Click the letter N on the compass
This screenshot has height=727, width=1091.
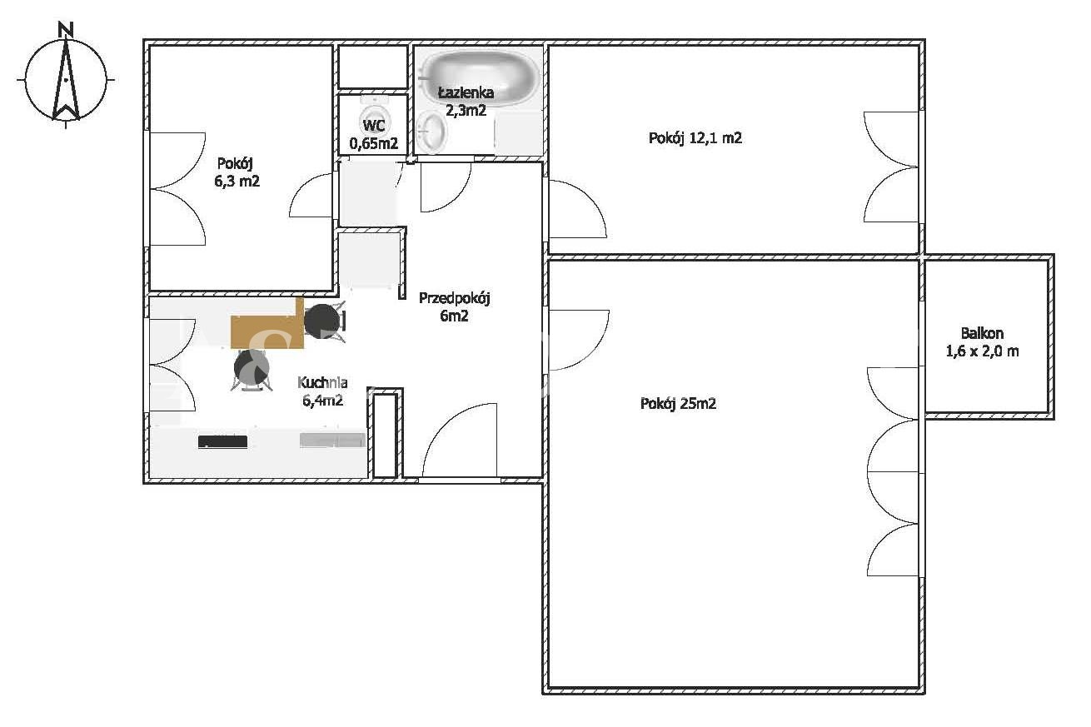click(65, 30)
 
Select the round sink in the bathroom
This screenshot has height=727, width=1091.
click(432, 131)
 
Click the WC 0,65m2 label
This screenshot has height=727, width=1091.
click(374, 134)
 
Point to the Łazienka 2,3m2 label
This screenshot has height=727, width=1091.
click(466, 102)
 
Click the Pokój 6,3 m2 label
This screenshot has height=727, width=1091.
click(237, 172)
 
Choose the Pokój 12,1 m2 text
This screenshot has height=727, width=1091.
click(695, 138)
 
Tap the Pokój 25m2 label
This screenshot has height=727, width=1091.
click(678, 404)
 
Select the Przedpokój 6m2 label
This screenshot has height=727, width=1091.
click(454, 306)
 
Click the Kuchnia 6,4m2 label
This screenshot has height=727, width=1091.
click(322, 391)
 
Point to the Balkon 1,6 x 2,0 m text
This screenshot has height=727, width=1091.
click(982, 341)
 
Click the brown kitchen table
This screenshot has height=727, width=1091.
click(267, 326)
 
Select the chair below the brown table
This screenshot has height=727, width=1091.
click(252, 370)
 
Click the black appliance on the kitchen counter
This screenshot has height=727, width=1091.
click(222, 441)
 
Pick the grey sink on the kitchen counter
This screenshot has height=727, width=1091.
click(332, 440)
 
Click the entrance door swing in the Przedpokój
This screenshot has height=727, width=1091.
click(460, 440)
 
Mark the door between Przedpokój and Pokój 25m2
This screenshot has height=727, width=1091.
click(578, 340)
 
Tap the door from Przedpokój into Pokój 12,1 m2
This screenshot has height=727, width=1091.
click(577, 209)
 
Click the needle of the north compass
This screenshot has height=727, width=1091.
click(66, 80)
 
